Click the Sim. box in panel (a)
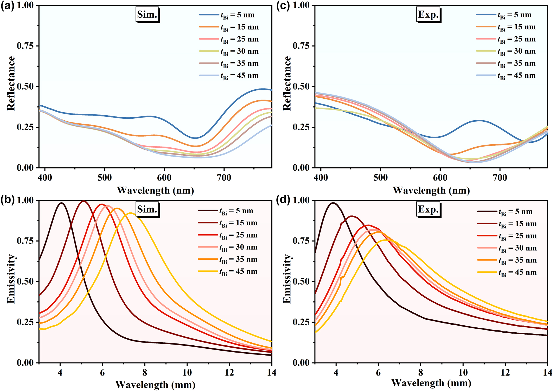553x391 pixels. tap(147, 14)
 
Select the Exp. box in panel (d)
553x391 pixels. tap(428, 209)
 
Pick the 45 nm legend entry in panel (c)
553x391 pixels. tap(506, 75)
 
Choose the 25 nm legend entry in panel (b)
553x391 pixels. tap(228, 235)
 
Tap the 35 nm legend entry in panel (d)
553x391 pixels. tap(507, 260)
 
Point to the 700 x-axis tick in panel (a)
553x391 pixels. tap(224, 178)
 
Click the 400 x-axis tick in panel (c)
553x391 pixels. tap(321, 178)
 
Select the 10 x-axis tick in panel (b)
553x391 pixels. tap(187, 372)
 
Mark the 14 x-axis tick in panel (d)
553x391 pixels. tap(547, 372)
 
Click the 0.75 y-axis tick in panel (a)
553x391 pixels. tap(25, 46)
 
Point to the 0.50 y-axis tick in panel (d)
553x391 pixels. tap(301, 281)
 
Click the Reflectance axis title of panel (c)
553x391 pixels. tap(287, 84)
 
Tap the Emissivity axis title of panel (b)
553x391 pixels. tap(11, 279)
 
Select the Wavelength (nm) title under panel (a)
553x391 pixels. tap(155, 190)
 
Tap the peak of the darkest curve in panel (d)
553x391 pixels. tap(333, 203)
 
